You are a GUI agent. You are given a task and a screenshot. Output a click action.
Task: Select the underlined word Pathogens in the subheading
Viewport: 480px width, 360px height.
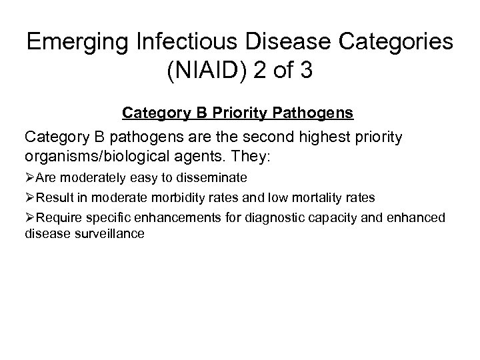317,114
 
